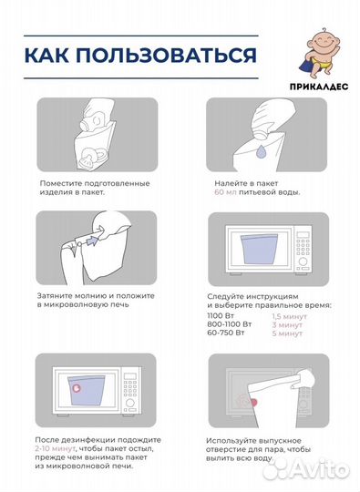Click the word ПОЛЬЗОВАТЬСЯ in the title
point(167,55)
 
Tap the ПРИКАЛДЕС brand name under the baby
point(319,87)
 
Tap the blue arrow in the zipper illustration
point(92,241)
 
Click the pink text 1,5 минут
point(289,316)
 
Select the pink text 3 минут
point(287,324)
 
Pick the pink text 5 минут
point(287,333)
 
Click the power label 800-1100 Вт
point(229,324)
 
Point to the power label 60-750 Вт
point(226,333)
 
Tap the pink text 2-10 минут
point(56,448)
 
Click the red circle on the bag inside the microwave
point(77,388)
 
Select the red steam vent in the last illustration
point(253,402)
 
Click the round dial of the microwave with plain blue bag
point(303,261)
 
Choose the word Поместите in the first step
point(60,183)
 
